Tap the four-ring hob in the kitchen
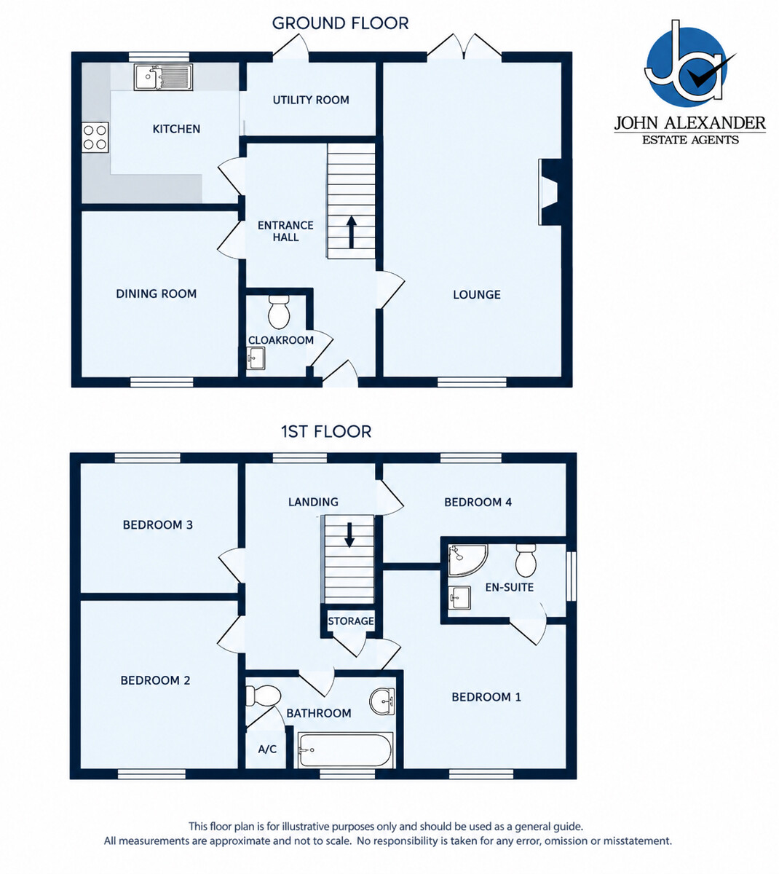tap(95, 137)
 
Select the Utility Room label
tap(311, 100)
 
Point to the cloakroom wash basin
tap(256, 358)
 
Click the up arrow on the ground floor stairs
tap(352, 232)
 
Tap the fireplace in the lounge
tap(550, 192)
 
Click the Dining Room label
tap(156, 294)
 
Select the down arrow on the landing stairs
tap(349, 535)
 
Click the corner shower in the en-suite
tap(467, 560)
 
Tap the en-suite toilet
tap(526, 560)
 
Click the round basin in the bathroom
tap(382, 701)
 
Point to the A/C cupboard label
tap(267, 749)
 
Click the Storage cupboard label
tap(351, 621)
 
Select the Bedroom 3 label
tap(157, 525)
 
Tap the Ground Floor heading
tap(340, 23)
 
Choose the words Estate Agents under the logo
tap(690, 140)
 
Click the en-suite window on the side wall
tap(572, 576)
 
